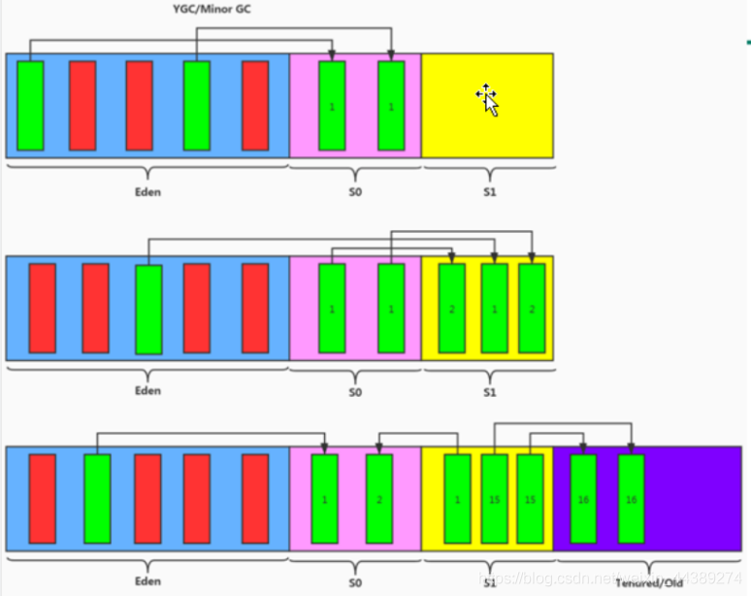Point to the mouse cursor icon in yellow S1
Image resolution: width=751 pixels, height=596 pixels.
point(487,98)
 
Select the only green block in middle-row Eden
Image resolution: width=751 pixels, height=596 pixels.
point(148,309)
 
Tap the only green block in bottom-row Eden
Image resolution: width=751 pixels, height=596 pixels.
point(97,498)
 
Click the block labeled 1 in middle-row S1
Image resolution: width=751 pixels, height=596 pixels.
point(494,309)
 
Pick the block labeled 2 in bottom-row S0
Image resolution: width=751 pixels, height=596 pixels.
point(378,498)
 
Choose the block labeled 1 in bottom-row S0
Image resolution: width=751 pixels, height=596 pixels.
point(324,498)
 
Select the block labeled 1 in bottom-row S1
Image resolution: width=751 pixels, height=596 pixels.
point(457,498)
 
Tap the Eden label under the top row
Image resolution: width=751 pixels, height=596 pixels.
point(147,191)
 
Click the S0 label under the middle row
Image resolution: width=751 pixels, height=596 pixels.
point(354,392)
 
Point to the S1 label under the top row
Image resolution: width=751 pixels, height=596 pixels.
point(489,191)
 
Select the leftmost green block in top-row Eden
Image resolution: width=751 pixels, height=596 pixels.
point(30,105)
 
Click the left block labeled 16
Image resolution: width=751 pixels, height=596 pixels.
point(582,498)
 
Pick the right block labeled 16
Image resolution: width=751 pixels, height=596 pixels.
point(632,498)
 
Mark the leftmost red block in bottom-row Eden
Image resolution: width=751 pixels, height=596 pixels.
point(43,498)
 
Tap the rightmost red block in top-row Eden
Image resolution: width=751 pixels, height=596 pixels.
point(255,105)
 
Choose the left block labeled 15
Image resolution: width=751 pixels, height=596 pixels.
point(494,498)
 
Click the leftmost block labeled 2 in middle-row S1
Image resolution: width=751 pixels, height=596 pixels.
point(452,309)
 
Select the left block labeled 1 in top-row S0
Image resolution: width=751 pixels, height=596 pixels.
point(332,105)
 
